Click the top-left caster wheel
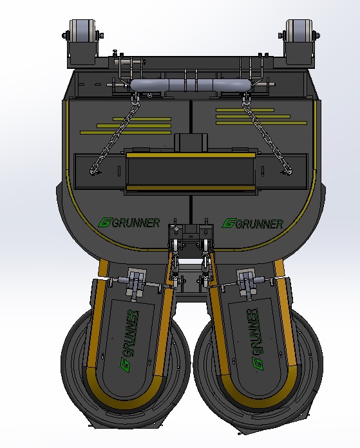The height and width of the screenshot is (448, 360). (x=82, y=30)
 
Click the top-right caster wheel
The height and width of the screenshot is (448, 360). (x=299, y=30)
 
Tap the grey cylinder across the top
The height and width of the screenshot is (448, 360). (x=191, y=85)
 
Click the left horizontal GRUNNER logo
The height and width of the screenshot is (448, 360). (x=129, y=223)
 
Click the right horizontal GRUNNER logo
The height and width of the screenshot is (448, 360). (x=252, y=223)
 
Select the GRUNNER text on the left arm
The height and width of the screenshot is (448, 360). (x=129, y=341)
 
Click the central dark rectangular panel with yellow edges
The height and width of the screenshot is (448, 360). (x=191, y=171)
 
